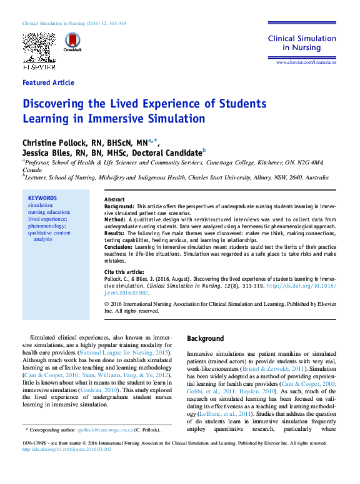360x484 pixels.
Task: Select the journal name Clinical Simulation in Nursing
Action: (294, 43)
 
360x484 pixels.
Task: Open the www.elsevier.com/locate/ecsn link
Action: (302, 63)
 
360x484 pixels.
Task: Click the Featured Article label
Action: (48, 83)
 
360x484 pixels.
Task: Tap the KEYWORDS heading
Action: (42, 198)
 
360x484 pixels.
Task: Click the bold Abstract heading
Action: (114, 199)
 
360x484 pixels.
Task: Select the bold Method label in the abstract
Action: (116, 219)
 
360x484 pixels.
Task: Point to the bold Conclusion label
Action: (119, 246)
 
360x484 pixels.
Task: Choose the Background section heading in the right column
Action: (205, 338)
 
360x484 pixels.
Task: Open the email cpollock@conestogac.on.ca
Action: (105, 430)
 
